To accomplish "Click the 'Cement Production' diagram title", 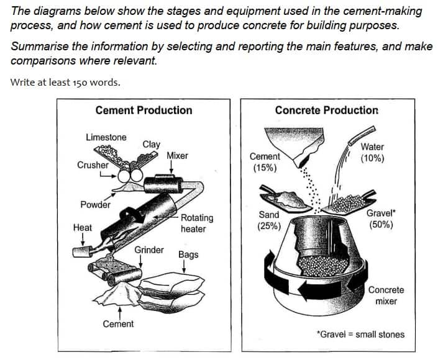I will pos(144,110).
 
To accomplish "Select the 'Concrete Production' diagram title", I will pos(326,110).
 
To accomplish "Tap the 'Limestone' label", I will pos(106,137).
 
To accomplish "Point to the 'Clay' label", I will pos(151,144).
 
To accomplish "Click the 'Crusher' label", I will pos(93,165).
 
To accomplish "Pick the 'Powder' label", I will pos(95,205).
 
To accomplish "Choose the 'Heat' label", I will pos(82,228).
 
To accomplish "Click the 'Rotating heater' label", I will pos(196,223).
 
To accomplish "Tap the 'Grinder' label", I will pos(149,250).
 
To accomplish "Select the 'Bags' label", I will pos(188,254).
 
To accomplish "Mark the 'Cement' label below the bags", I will pos(118,324).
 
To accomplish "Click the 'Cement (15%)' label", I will pos(265,163).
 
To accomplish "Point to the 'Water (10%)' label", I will pos(372,153).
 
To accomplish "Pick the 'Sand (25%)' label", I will pos(269,220).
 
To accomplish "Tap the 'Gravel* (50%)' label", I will pos(381,219).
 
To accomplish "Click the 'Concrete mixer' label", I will pos(386,295).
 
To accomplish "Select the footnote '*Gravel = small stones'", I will pos(360,335).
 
